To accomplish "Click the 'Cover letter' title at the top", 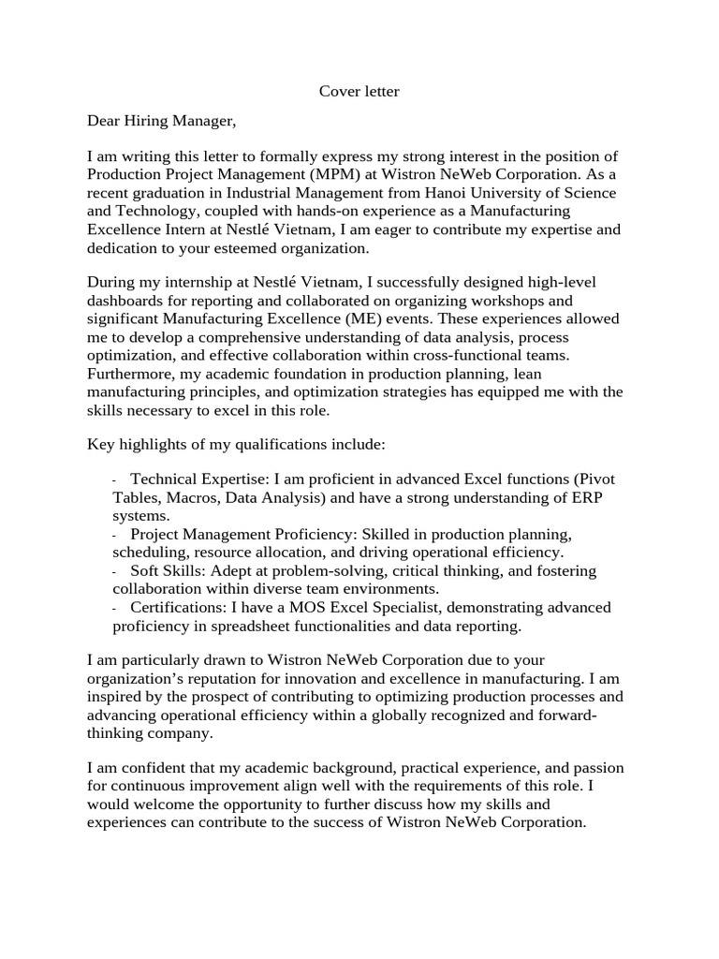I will (359, 91).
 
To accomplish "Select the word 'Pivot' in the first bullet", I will (597, 479).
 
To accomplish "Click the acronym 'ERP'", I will (583, 497).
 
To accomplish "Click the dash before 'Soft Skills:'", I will (115, 571).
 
